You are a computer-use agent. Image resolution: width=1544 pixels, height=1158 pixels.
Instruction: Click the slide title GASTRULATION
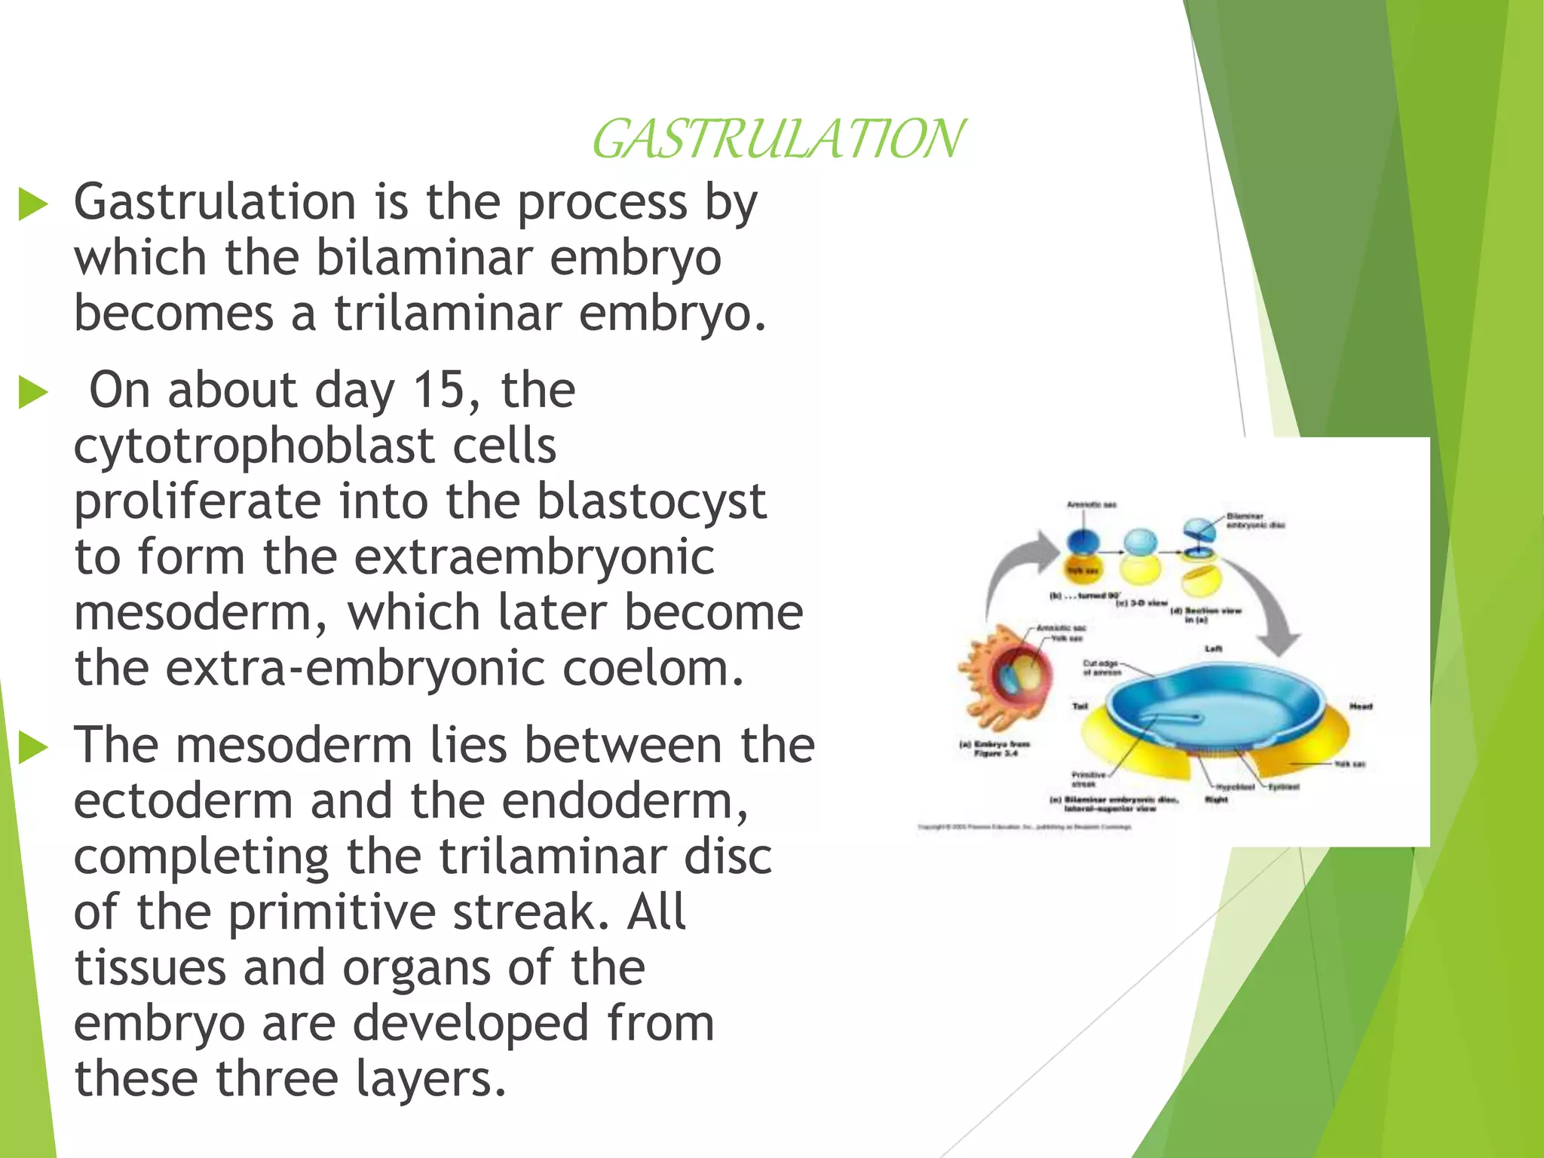(x=777, y=139)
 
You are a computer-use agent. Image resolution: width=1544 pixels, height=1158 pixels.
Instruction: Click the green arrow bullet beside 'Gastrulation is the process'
(x=33, y=204)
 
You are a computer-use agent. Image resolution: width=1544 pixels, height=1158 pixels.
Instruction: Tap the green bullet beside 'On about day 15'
(x=33, y=393)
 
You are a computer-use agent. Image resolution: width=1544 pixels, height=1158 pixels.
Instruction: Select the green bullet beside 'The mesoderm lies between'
(x=33, y=747)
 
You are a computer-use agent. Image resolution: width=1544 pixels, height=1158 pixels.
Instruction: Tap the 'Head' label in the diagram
(x=1360, y=706)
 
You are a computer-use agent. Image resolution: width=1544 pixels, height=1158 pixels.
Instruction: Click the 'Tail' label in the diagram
(x=1080, y=706)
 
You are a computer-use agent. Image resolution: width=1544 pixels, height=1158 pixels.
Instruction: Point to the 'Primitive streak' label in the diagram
(x=1088, y=779)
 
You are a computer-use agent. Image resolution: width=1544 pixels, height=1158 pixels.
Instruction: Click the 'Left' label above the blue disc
(x=1213, y=648)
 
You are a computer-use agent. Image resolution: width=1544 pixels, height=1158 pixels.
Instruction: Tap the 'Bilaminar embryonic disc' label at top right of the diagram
(x=1254, y=520)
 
